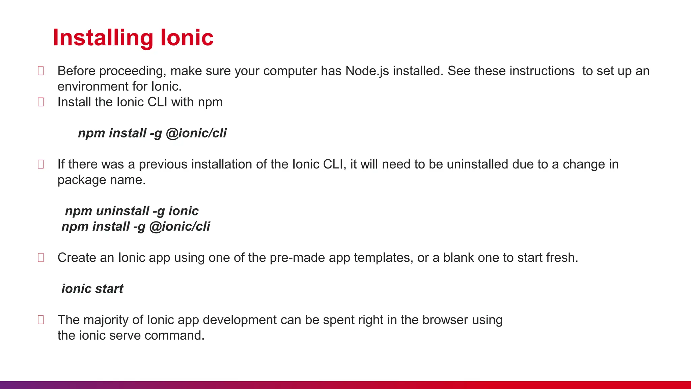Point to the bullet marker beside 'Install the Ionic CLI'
tap(41, 102)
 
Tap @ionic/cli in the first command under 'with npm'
tap(196, 133)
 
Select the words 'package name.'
tap(101, 180)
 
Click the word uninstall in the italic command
tap(122, 211)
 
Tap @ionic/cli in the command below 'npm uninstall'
tap(179, 227)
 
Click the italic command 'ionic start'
tap(92, 289)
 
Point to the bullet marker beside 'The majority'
tap(41, 320)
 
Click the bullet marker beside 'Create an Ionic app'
tap(41, 258)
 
